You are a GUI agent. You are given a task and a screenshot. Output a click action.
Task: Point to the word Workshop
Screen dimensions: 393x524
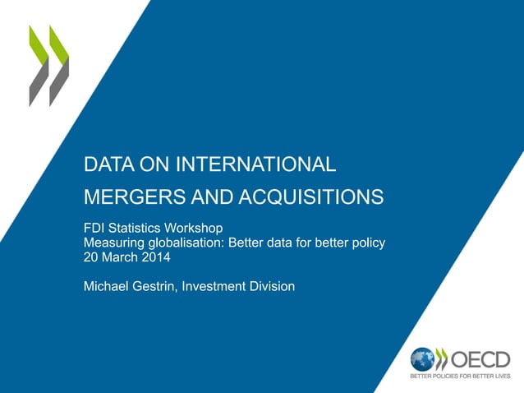point(188,227)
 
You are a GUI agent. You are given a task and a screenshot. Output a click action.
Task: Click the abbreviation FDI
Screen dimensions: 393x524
point(96,227)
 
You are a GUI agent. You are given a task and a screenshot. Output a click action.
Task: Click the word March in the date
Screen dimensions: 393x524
point(120,257)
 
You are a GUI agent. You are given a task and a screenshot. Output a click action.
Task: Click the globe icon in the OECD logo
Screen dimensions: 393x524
point(422,359)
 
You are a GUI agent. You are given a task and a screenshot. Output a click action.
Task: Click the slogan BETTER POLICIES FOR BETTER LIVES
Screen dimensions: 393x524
point(460,377)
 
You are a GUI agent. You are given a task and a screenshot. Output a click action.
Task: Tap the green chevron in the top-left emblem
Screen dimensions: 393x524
point(38,58)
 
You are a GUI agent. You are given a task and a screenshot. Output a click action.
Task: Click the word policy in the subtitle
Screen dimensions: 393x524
point(368,242)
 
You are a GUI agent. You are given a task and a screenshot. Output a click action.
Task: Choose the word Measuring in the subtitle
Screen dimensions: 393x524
point(113,242)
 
